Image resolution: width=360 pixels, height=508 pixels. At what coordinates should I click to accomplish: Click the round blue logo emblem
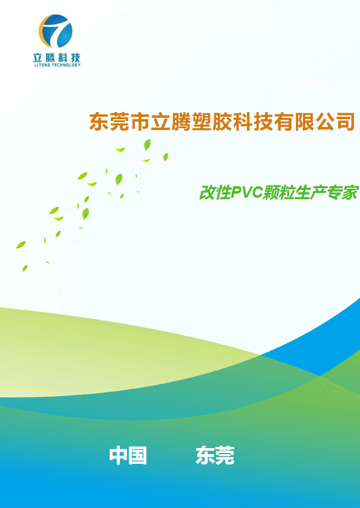[x=56, y=31]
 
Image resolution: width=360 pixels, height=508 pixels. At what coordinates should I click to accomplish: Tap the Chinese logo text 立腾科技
[x=57, y=57]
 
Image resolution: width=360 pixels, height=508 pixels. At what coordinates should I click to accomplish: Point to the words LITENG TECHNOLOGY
[x=57, y=65]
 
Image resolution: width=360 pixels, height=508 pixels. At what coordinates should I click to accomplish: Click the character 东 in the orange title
[x=99, y=122]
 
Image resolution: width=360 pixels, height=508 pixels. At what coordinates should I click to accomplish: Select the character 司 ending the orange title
[x=345, y=122]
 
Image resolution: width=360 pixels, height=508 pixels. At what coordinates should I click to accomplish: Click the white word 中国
[x=128, y=455]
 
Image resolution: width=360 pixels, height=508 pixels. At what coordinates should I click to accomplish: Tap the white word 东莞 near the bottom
[x=215, y=455]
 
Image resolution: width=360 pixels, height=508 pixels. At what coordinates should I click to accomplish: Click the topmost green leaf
[x=147, y=145]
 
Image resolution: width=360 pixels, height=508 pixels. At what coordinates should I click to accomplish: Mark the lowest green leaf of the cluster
[x=25, y=268]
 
